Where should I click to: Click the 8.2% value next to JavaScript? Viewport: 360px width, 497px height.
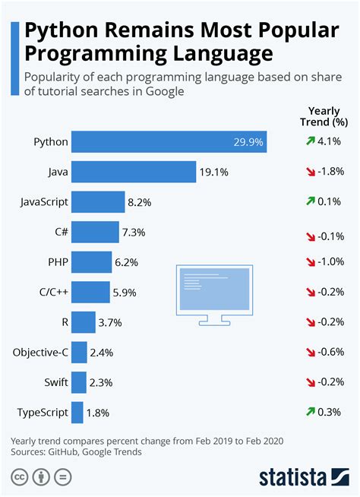point(141,202)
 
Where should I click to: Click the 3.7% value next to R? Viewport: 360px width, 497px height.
point(110,322)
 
